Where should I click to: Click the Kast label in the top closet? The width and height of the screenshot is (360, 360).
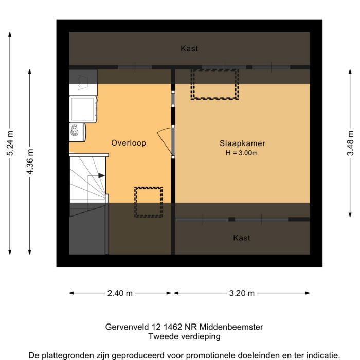pos(189,49)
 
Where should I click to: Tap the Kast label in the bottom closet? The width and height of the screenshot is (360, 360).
pos(242,238)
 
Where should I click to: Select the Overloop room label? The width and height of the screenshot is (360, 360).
pos(129,143)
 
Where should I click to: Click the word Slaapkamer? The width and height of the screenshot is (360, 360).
pos(242,143)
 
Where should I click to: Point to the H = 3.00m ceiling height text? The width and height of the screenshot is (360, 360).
pos(242,153)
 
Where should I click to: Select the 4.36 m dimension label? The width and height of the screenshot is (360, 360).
pos(30,162)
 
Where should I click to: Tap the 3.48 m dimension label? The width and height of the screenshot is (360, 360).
pos(350,142)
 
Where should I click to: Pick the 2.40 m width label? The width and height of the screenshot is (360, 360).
pos(120,293)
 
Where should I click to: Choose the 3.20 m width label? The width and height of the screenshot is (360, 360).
pos(242,293)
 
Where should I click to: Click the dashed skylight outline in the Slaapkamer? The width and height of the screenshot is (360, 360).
pos(215,84)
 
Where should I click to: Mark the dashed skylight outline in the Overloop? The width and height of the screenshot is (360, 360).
pos(149,202)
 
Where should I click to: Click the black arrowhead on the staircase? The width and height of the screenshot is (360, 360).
pos(101,175)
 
